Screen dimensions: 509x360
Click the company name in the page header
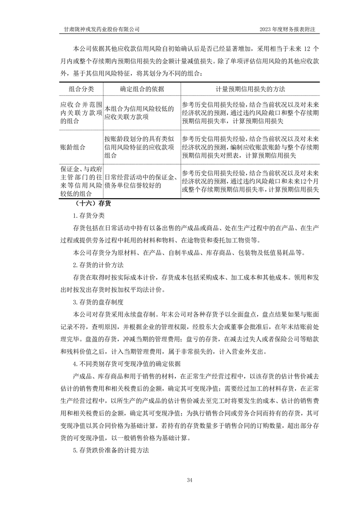pos(100,29)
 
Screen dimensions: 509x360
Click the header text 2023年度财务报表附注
pos(287,29)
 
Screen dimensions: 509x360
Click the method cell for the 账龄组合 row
pos(251,147)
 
